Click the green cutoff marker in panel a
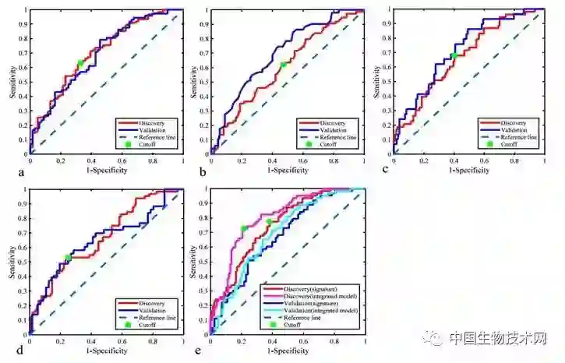click(79, 64)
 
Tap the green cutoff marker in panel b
click(283, 65)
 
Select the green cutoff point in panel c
click(453, 55)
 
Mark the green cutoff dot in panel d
click(68, 257)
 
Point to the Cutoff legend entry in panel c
click(509, 144)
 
